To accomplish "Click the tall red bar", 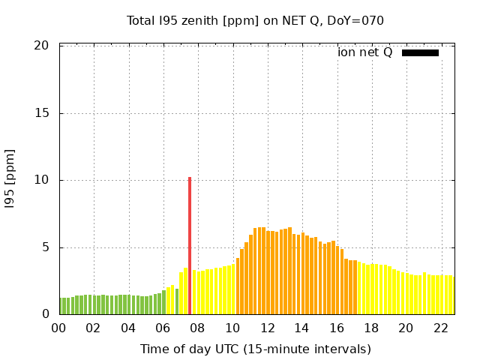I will point(190,245).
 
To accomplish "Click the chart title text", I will point(255,20).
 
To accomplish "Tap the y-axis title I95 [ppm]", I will point(10,179).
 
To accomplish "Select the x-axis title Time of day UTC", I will point(255,349).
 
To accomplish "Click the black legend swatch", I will point(420,52).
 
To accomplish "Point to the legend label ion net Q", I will point(364,52).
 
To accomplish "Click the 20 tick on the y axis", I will point(42,46).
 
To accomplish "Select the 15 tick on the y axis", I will point(42,113).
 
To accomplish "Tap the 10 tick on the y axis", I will point(42,180).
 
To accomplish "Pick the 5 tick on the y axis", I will point(45,247).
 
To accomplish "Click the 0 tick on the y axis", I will point(45,314).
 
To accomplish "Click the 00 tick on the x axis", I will point(58,328).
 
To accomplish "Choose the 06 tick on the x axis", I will point(163,328).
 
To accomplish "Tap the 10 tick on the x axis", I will point(232,328).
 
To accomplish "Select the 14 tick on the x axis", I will point(301,328).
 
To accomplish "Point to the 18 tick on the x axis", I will point(371,328).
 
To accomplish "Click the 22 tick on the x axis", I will point(441,328).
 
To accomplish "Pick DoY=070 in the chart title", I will point(355,20).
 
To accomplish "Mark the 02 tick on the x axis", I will point(93,328).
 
